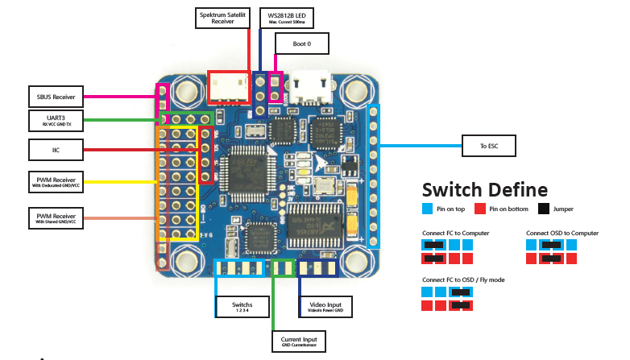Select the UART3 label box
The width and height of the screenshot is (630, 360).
pos(56,121)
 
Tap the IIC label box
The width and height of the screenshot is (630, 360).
pos(56,150)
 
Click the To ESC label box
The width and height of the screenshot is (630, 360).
pos(487,146)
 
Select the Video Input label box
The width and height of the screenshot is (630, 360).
pos(325,307)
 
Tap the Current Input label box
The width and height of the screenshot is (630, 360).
pos(299,341)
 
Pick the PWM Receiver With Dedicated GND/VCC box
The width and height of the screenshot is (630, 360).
pos(56,182)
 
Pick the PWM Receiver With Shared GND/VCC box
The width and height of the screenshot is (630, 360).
pos(56,218)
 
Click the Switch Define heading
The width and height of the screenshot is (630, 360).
pos(485,191)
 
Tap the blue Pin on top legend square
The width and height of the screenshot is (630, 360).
pos(428,209)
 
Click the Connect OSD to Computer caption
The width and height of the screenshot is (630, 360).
pos(562,233)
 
